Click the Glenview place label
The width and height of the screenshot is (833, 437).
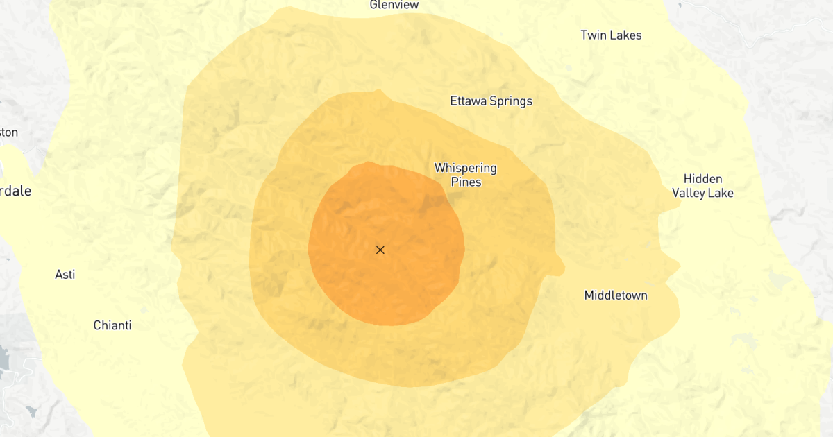point(394,5)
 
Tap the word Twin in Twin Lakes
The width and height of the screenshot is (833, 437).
point(594,35)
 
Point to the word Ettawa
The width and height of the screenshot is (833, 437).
point(469,101)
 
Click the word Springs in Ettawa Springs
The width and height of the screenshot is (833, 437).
point(511,102)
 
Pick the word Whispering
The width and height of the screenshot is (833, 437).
point(465,169)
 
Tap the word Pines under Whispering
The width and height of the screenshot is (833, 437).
point(466,182)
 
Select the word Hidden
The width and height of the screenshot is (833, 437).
point(702,179)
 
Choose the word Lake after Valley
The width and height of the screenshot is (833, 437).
point(720,194)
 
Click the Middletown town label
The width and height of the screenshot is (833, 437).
point(616,295)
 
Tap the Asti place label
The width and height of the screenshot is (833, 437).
point(65,275)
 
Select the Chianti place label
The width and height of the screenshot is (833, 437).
point(112,325)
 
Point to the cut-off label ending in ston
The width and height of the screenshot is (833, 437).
point(9,132)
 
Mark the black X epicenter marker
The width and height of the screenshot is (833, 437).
point(380,250)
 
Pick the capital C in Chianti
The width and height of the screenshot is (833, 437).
point(98,325)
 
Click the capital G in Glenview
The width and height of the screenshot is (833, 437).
point(373,5)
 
